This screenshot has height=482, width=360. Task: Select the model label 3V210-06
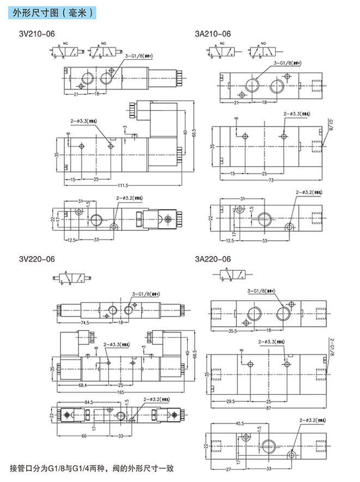[x=36, y=34]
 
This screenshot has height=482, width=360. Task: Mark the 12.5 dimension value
[x=70, y=240]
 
